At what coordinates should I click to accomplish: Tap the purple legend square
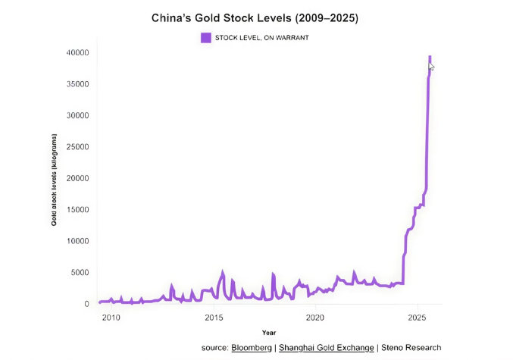pos(205,37)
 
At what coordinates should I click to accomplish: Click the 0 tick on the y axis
pos(87,304)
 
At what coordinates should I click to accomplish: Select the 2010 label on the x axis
pos(111,318)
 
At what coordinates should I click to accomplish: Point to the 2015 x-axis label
pos(213,318)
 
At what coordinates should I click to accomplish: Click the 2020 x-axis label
pos(315,318)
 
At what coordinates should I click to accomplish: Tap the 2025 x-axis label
pos(417,318)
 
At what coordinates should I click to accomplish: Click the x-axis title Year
pos(269,333)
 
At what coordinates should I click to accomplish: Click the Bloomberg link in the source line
pos(252,348)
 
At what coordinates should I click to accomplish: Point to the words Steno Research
pos(411,348)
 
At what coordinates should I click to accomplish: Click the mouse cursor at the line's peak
pos(431,67)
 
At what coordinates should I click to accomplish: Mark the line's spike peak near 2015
pos(223,271)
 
